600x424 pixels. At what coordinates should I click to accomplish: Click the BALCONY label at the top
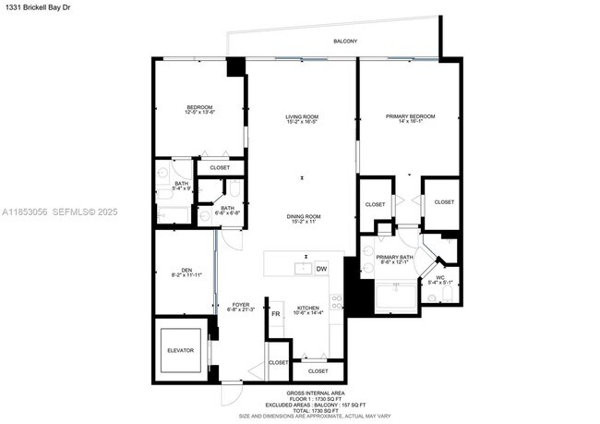tap(344, 42)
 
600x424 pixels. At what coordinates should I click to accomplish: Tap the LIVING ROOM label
tap(301, 117)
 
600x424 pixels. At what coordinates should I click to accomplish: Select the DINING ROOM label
tap(301, 218)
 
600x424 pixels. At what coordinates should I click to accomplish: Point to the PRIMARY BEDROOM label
tap(410, 117)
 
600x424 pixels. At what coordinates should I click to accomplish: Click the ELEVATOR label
tap(180, 349)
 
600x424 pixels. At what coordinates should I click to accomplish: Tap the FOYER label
tap(240, 305)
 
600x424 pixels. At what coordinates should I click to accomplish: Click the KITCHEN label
tap(308, 309)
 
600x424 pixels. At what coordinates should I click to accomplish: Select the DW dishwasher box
tap(321, 269)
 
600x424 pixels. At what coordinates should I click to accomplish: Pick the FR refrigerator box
tap(275, 315)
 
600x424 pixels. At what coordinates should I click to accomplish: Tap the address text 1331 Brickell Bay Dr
tap(38, 8)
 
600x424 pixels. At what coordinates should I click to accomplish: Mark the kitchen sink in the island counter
tap(301, 269)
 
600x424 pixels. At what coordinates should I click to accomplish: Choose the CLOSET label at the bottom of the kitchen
tap(318, 370)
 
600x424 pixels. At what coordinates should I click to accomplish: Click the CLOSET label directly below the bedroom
tap(220, 167)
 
